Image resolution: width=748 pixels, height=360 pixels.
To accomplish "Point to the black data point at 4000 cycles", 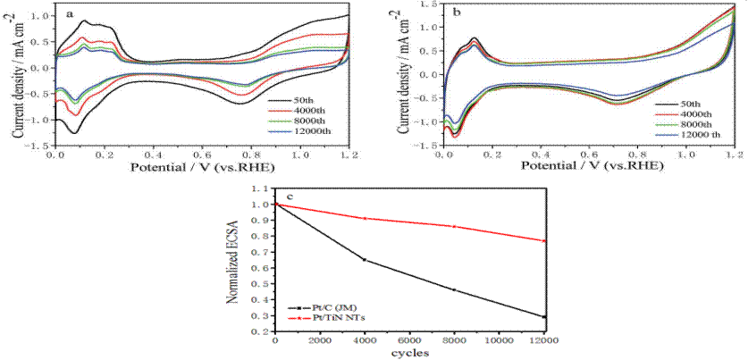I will click(365, 260).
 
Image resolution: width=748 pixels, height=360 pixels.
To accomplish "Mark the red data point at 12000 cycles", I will click(544, 241).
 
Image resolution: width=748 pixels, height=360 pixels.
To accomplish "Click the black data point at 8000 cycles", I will click(454, 289).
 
